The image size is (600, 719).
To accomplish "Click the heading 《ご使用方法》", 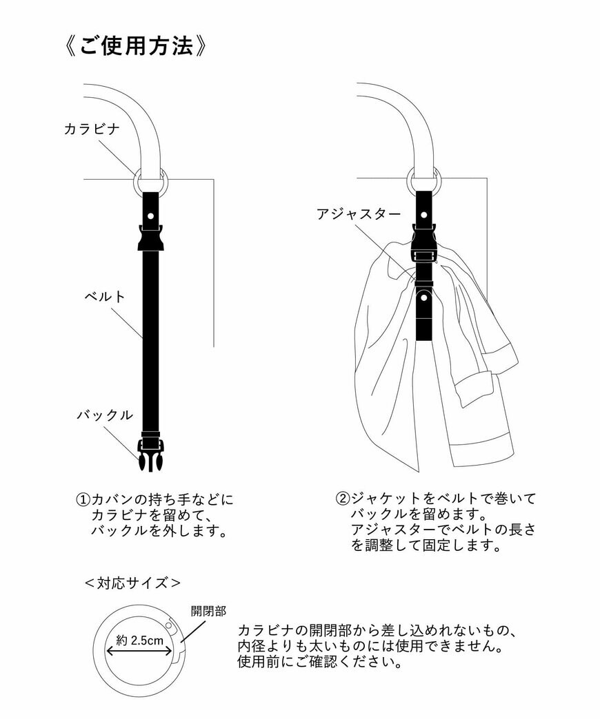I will click(x=135, y=46).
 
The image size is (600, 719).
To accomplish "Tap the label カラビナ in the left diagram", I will click(x=92, y=129).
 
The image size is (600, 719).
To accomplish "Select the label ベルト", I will click(x=105, y=297).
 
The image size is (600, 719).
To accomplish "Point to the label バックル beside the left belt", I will click(x=104, y=415).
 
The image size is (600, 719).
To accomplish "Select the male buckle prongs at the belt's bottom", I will click(x=150, y=459).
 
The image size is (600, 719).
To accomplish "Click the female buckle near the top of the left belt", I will click(x=150, y=238).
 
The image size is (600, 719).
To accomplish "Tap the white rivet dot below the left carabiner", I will click(x=150, y=216).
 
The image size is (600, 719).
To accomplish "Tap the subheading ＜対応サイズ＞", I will click(x=132, y=583).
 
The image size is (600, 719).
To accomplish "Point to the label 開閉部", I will click(x=208, y=611).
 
